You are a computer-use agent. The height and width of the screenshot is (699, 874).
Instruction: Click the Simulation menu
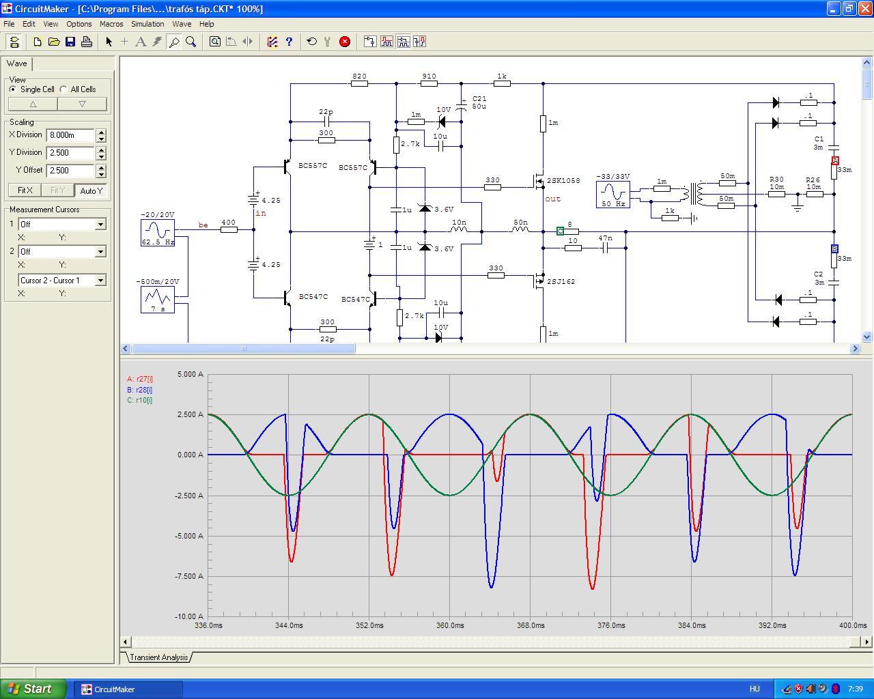(x=147, y=24)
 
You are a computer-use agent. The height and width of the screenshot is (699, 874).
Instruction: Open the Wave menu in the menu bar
(x=182, y=24)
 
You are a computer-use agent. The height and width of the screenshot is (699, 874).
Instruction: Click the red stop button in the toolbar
(x=344, y=42)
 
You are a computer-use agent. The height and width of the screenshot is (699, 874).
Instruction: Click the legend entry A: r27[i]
(x=140, y=379)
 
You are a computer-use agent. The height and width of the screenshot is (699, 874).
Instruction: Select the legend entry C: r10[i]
(x=140, y=400)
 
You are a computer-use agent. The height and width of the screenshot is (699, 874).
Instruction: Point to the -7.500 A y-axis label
(x=189, y=576)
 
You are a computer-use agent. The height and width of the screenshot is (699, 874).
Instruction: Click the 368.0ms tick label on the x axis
(x=531, y=625)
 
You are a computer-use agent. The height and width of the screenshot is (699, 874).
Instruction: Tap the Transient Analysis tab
(x=159, y=657)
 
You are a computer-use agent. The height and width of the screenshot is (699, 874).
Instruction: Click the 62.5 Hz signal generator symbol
(x=158, y=233)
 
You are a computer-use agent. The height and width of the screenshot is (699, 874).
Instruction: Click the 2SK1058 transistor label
(x=563, y=180)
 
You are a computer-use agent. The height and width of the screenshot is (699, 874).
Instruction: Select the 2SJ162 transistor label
(x=561, y=281)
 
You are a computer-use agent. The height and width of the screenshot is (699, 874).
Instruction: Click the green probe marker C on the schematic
(x=560, y=231)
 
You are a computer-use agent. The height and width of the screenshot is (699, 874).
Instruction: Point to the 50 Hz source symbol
(x=613, y=195)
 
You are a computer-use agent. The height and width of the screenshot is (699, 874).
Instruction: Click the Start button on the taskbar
(x=33, y=689)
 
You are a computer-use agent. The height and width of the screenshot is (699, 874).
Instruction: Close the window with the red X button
(x=865, y=8)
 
